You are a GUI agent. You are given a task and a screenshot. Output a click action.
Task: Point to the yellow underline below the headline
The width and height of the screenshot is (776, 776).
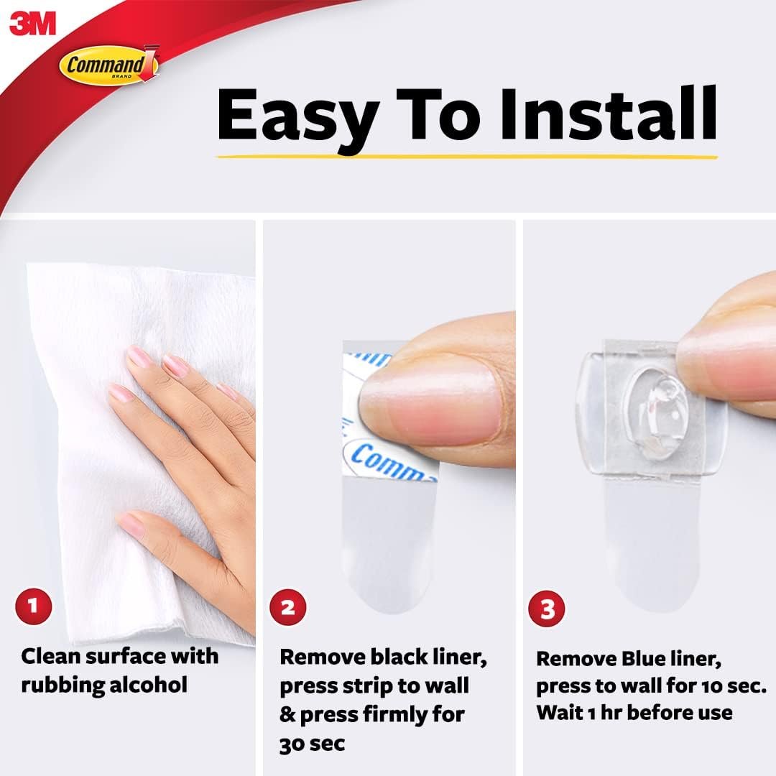(x=467, y=154)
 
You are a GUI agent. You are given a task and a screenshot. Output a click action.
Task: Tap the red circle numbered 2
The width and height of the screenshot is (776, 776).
(x=287, y=609)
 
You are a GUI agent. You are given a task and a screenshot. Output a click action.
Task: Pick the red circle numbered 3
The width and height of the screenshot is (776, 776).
(x=548, y=610)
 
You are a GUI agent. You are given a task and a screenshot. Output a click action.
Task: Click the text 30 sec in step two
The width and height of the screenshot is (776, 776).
(x=312, y=743)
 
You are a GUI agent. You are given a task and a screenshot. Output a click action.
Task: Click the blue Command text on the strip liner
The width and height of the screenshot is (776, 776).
(x=392, y=463)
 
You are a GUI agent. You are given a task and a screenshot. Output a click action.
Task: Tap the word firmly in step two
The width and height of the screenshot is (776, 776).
(x=414, y=714)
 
